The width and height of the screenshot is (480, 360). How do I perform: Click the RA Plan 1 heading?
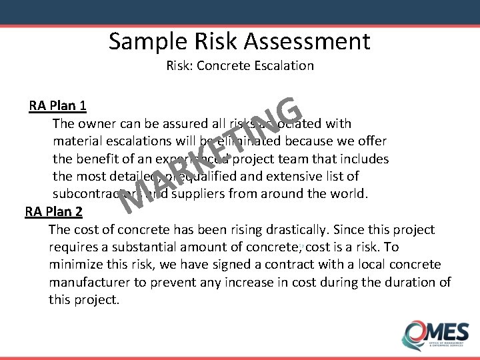(57, 106)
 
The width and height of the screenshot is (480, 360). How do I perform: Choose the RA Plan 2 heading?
(54, 212)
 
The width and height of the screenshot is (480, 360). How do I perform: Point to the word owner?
(95, 123)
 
